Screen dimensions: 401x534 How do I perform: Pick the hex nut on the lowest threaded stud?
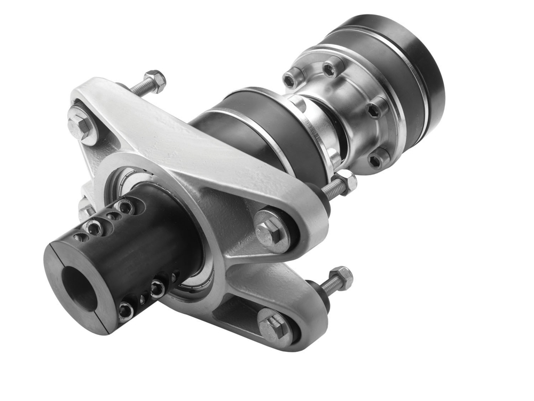(x=341, y=278)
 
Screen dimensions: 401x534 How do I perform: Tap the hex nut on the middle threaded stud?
(x=345, y=183)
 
